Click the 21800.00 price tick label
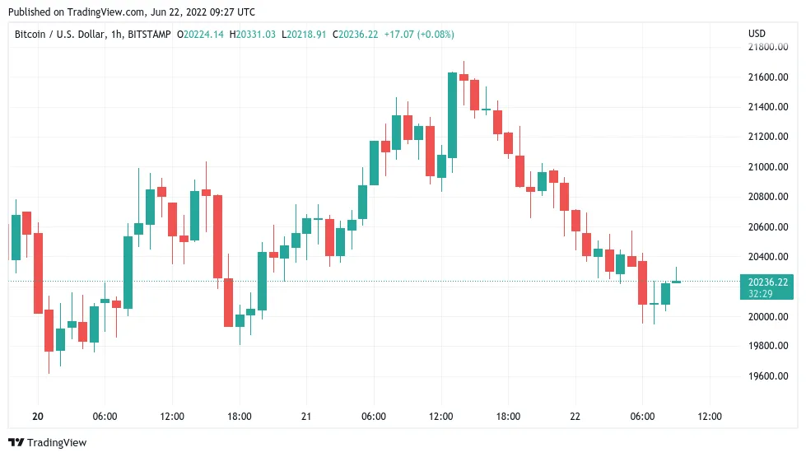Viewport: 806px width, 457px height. click(766, 48)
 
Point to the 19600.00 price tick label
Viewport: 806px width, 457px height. click(766, 376)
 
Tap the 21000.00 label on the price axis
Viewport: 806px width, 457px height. click(766, 167)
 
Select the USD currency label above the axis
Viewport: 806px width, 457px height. click(757, 34)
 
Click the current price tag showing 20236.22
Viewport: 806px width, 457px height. click(766, 282)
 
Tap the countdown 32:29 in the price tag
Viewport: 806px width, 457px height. click(760, 293)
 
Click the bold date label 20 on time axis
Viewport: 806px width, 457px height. click(38, 417)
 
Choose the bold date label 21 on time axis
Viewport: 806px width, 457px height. click(306, 417)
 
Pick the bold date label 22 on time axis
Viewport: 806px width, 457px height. click(575, 417)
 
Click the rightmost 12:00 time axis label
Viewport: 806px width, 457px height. click(710, 417)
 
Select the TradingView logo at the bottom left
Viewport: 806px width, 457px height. click(47, 443)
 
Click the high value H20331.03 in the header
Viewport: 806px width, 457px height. click(254, 35)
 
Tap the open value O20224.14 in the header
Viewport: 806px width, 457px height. click(201, 35)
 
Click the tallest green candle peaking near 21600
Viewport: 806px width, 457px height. click(452, 115)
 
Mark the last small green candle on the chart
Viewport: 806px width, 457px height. click(676, 282)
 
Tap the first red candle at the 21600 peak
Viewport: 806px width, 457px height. click(464, 77)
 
